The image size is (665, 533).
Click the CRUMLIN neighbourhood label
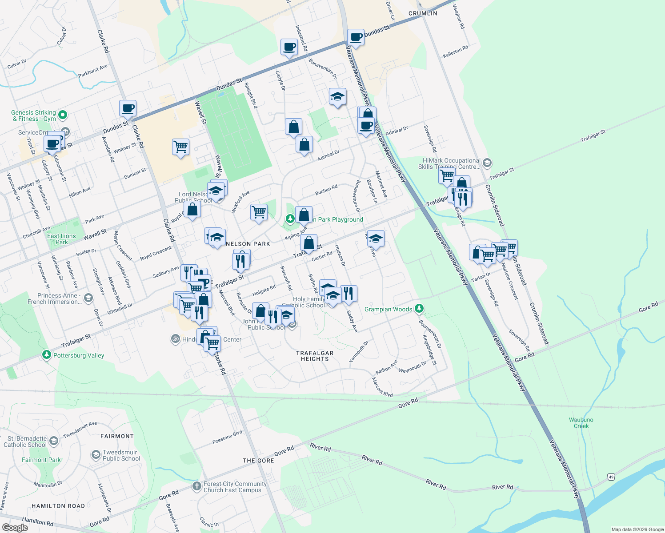[x=423, y=13]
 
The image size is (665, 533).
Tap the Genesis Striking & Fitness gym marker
[x=63, y=115]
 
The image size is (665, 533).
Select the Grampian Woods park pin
[x=419, y=308]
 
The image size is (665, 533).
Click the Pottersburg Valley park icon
[x=47, y=354]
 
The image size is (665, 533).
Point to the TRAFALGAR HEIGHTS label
[x=315, y=356]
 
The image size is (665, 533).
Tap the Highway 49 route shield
[x=611, y=477]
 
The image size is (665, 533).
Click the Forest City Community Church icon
[x=197, y=486]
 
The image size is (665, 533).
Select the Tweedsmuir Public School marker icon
[x=96, y=455]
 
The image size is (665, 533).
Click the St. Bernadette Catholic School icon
[x=54, y=441]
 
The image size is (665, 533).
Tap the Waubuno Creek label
[x=581, y=423]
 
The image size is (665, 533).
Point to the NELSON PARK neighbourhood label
[x=248, y=244]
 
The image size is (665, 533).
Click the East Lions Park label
[x=61, y=239]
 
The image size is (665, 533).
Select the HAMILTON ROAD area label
[x=58, y=506]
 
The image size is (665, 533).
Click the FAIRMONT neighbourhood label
[x=117, y=436]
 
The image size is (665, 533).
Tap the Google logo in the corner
[x=15, y=527]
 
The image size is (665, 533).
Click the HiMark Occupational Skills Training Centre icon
[x=487, y=163]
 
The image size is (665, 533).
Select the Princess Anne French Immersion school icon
[x=88, y=298]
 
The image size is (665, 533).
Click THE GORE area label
[x=258, y=461]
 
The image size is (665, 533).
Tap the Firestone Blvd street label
[x=227, y=437]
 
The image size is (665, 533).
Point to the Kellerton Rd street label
[x=455, y=52]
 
